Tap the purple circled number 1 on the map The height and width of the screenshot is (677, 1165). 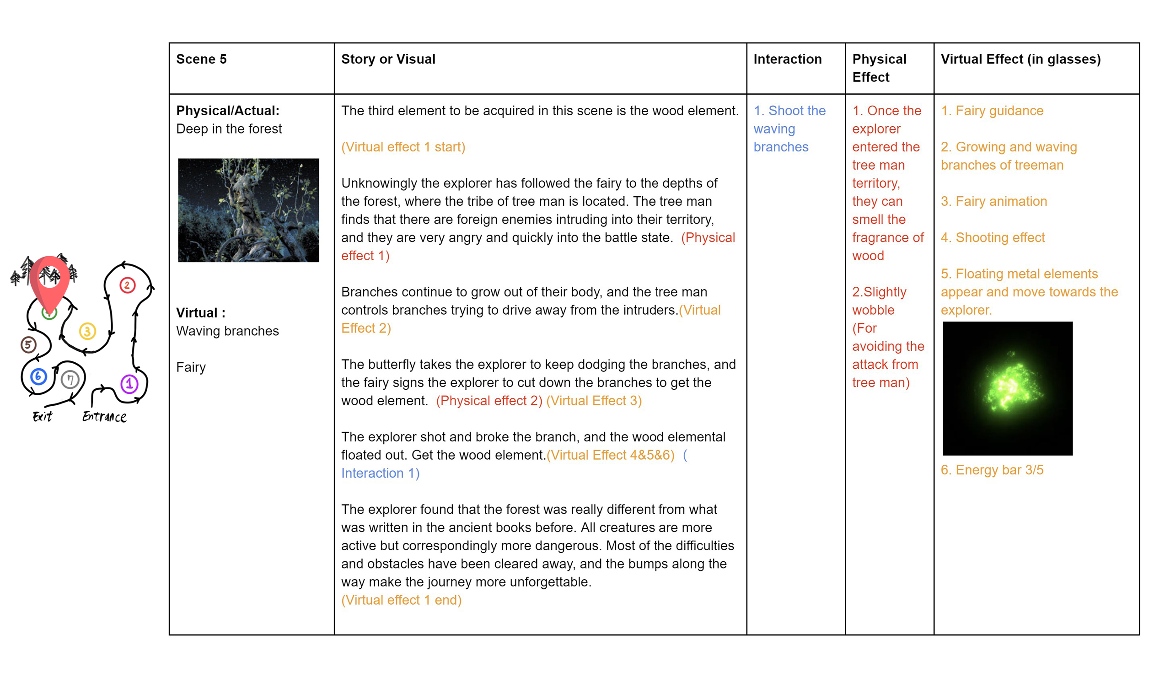(x=129, y=384)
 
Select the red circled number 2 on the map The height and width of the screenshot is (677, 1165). (x=128, y=285)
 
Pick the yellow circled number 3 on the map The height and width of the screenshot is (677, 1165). (x=87, y=331)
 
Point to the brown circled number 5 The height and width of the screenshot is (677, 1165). (x=28, y=344)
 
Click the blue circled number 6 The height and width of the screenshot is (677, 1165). (x=38, y=376)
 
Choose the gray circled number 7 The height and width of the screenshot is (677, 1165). (x=70, y=380)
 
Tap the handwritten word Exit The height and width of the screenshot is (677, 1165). (x=43, y=417)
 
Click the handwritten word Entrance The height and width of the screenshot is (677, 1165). (x=104, y=417)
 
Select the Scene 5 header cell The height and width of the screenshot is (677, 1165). (x=202, y=59)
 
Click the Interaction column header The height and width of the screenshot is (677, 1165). (x=787, y=59)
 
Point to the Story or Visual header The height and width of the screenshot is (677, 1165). (x=388, y=59)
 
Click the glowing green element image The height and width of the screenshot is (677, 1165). (x=1008, y=388)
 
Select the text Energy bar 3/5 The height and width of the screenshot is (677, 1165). (x=992, y=470)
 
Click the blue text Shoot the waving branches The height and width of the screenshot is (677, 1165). (x=789, y=129)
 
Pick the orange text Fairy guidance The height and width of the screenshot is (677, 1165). (x=992, y=111)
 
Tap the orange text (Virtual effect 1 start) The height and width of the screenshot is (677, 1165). (x=403, y=147)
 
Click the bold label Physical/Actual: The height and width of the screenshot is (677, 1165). (x=228, y=111)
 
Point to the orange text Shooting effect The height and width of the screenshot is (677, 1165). (x=993, y=238)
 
